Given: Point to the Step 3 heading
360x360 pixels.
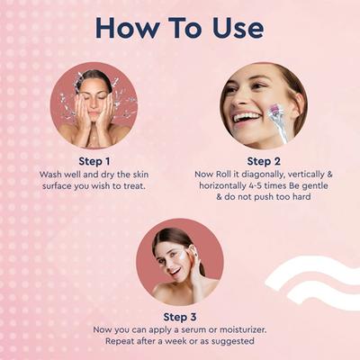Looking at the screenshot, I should click(179, 317).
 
